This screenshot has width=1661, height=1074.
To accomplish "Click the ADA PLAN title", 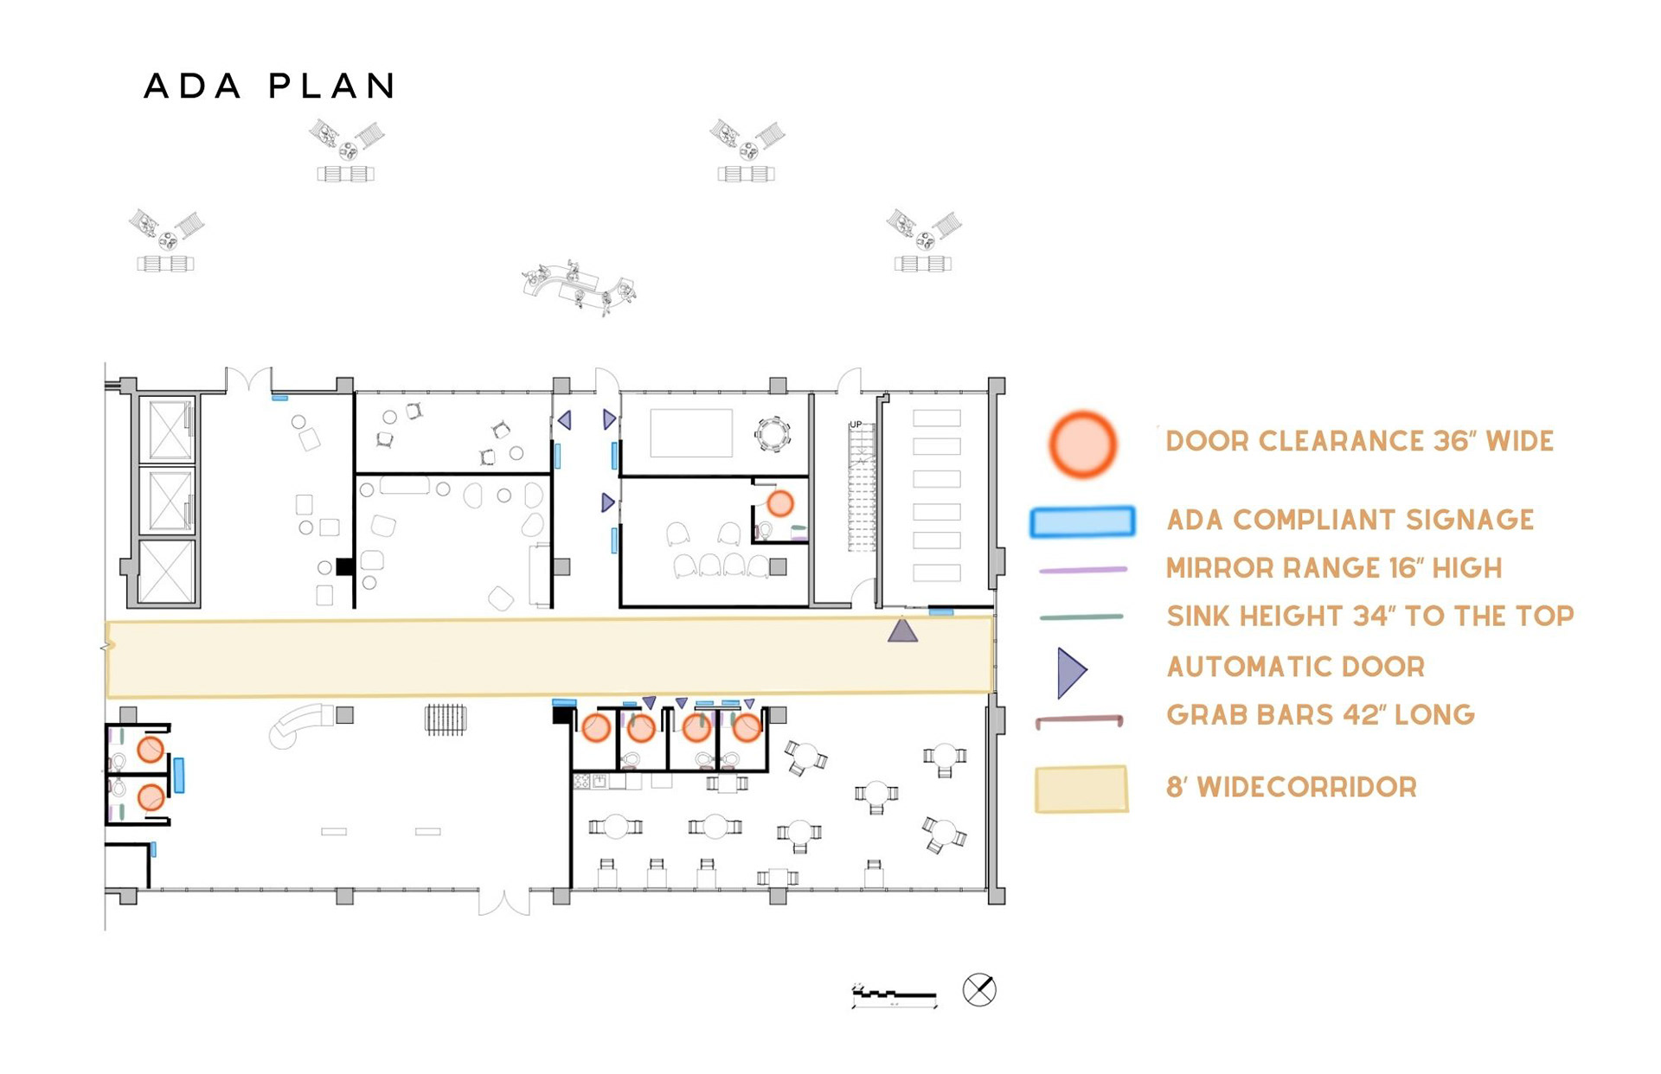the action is (x=270, y=86).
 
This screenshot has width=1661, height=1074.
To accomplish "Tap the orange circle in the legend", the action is (x=1082, y=444).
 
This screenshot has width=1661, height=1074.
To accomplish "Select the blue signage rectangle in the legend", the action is (x=1082, y=521).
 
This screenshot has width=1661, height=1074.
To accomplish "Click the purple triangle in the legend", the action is (x=1071, y=672).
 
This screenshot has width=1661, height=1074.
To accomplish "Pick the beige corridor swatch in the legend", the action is (x=1081, y=789).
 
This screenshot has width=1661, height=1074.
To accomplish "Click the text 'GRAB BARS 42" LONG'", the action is (x=1320, y=715).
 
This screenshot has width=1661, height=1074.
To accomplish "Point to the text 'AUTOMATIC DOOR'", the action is (x=1295, y=667).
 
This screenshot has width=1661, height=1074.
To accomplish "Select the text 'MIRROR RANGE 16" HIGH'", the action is (x=1333, y=568).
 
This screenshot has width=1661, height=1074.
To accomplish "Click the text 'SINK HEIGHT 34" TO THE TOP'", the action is (x=1369, y=616).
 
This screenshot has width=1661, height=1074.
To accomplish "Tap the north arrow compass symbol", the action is (x=979, y=989).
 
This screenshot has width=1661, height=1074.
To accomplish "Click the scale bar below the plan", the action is (x=895, y=997).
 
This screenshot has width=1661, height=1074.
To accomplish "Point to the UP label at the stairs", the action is (x=856, y=425).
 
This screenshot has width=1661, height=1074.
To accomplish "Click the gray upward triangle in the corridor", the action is (x=902, y=630).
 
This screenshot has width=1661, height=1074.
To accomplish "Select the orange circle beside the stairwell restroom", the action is (x=780, y=503).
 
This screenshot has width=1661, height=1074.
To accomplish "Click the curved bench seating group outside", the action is (x=580, y=286).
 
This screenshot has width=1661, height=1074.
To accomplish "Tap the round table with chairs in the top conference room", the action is (x=772, y=434).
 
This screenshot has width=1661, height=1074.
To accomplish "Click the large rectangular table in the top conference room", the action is (x=691, y=432).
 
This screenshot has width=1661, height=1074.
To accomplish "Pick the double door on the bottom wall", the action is (x=504, y=901).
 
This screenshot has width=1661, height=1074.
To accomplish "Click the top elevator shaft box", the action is (x=170, y=429).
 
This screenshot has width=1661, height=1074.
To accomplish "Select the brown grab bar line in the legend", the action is (x=1079, y=719).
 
